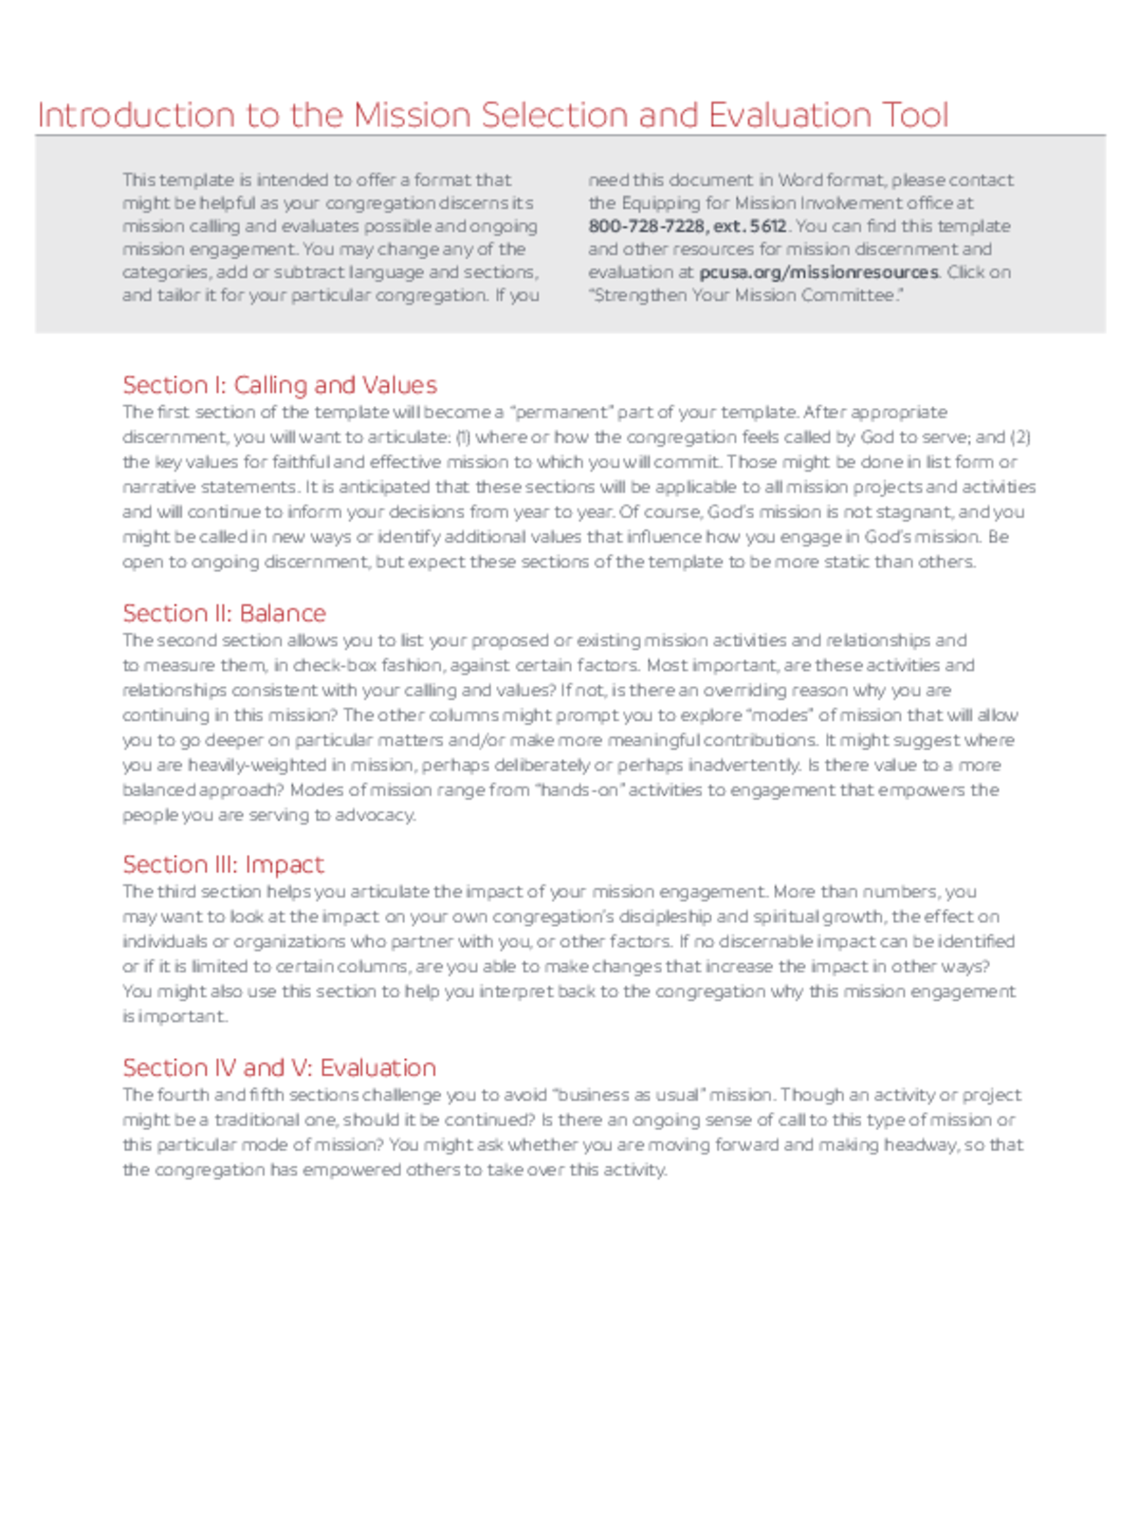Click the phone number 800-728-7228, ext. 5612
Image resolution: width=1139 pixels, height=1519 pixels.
687,226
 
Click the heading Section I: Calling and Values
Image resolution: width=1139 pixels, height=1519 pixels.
279,385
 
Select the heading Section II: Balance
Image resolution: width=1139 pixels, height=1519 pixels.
224,613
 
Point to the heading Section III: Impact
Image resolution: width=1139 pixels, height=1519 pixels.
222,865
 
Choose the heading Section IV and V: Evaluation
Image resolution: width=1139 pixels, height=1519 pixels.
279,1068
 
